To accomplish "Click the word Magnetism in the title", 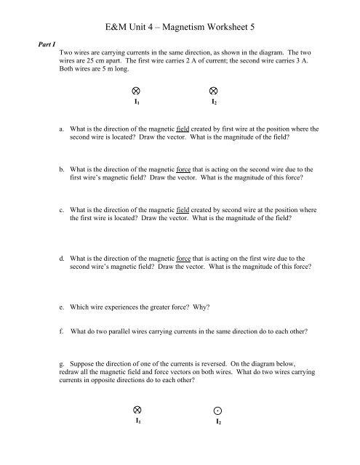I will click(x=190, y=28).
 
